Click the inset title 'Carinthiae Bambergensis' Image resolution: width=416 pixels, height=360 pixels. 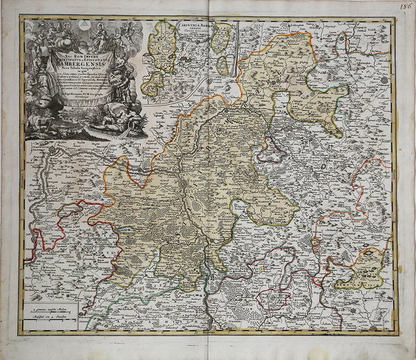coord(193,27)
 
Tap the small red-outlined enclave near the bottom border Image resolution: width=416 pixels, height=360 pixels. coord(273,299)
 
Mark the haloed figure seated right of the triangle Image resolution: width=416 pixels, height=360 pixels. coord(101,31)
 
